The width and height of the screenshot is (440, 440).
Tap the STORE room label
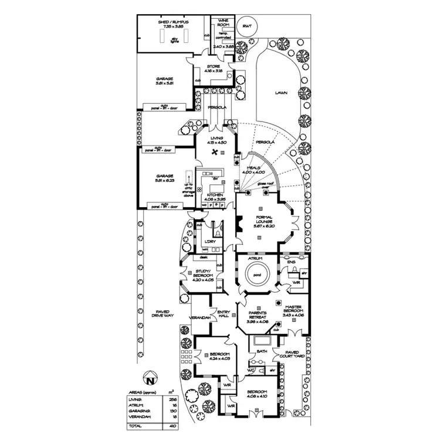(x=214, y=67)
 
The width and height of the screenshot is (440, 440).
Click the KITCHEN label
(x=214, y=195)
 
